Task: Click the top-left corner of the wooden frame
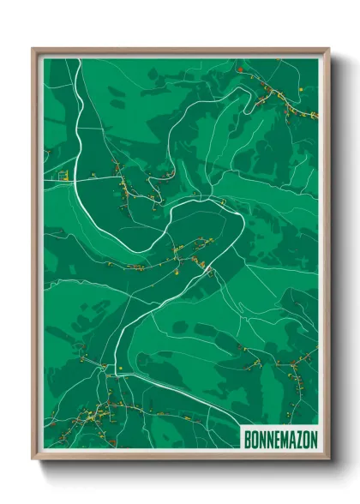[33, 49]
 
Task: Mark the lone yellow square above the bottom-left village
[121, 369]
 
